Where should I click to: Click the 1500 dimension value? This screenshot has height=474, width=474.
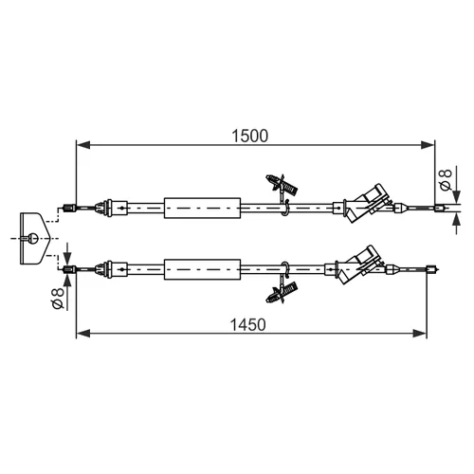pos(249,136)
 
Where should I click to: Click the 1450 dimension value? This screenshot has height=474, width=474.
pos(248,325)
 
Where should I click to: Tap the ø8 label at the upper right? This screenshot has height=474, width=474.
pos(446,180)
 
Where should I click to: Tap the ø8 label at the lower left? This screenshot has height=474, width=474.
pos(58,299)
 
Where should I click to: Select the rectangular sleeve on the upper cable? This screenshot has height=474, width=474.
pos(202,208)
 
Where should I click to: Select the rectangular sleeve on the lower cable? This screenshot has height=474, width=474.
pos(202,269)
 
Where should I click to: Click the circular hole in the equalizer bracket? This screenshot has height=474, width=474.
pos(33,238)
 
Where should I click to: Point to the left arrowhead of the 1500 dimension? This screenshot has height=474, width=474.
pos(83,145)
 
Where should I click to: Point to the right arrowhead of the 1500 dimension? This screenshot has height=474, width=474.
pos(428,145)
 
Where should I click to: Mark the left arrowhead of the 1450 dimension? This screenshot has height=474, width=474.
pos(83,333)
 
